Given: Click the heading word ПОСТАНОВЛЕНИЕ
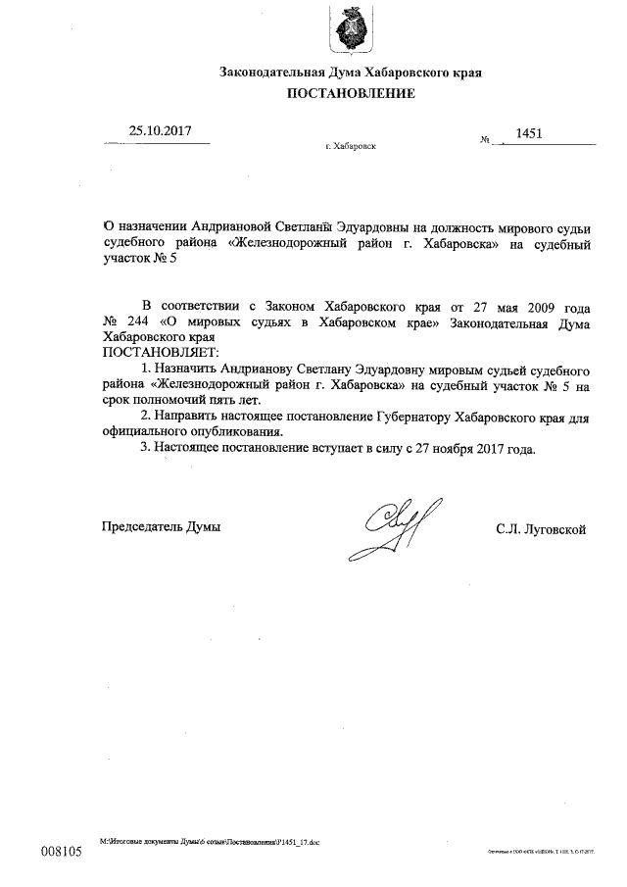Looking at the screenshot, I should pos(351,94).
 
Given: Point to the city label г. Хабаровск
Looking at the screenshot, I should pos(350,145).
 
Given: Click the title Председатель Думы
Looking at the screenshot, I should pos(162,527).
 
